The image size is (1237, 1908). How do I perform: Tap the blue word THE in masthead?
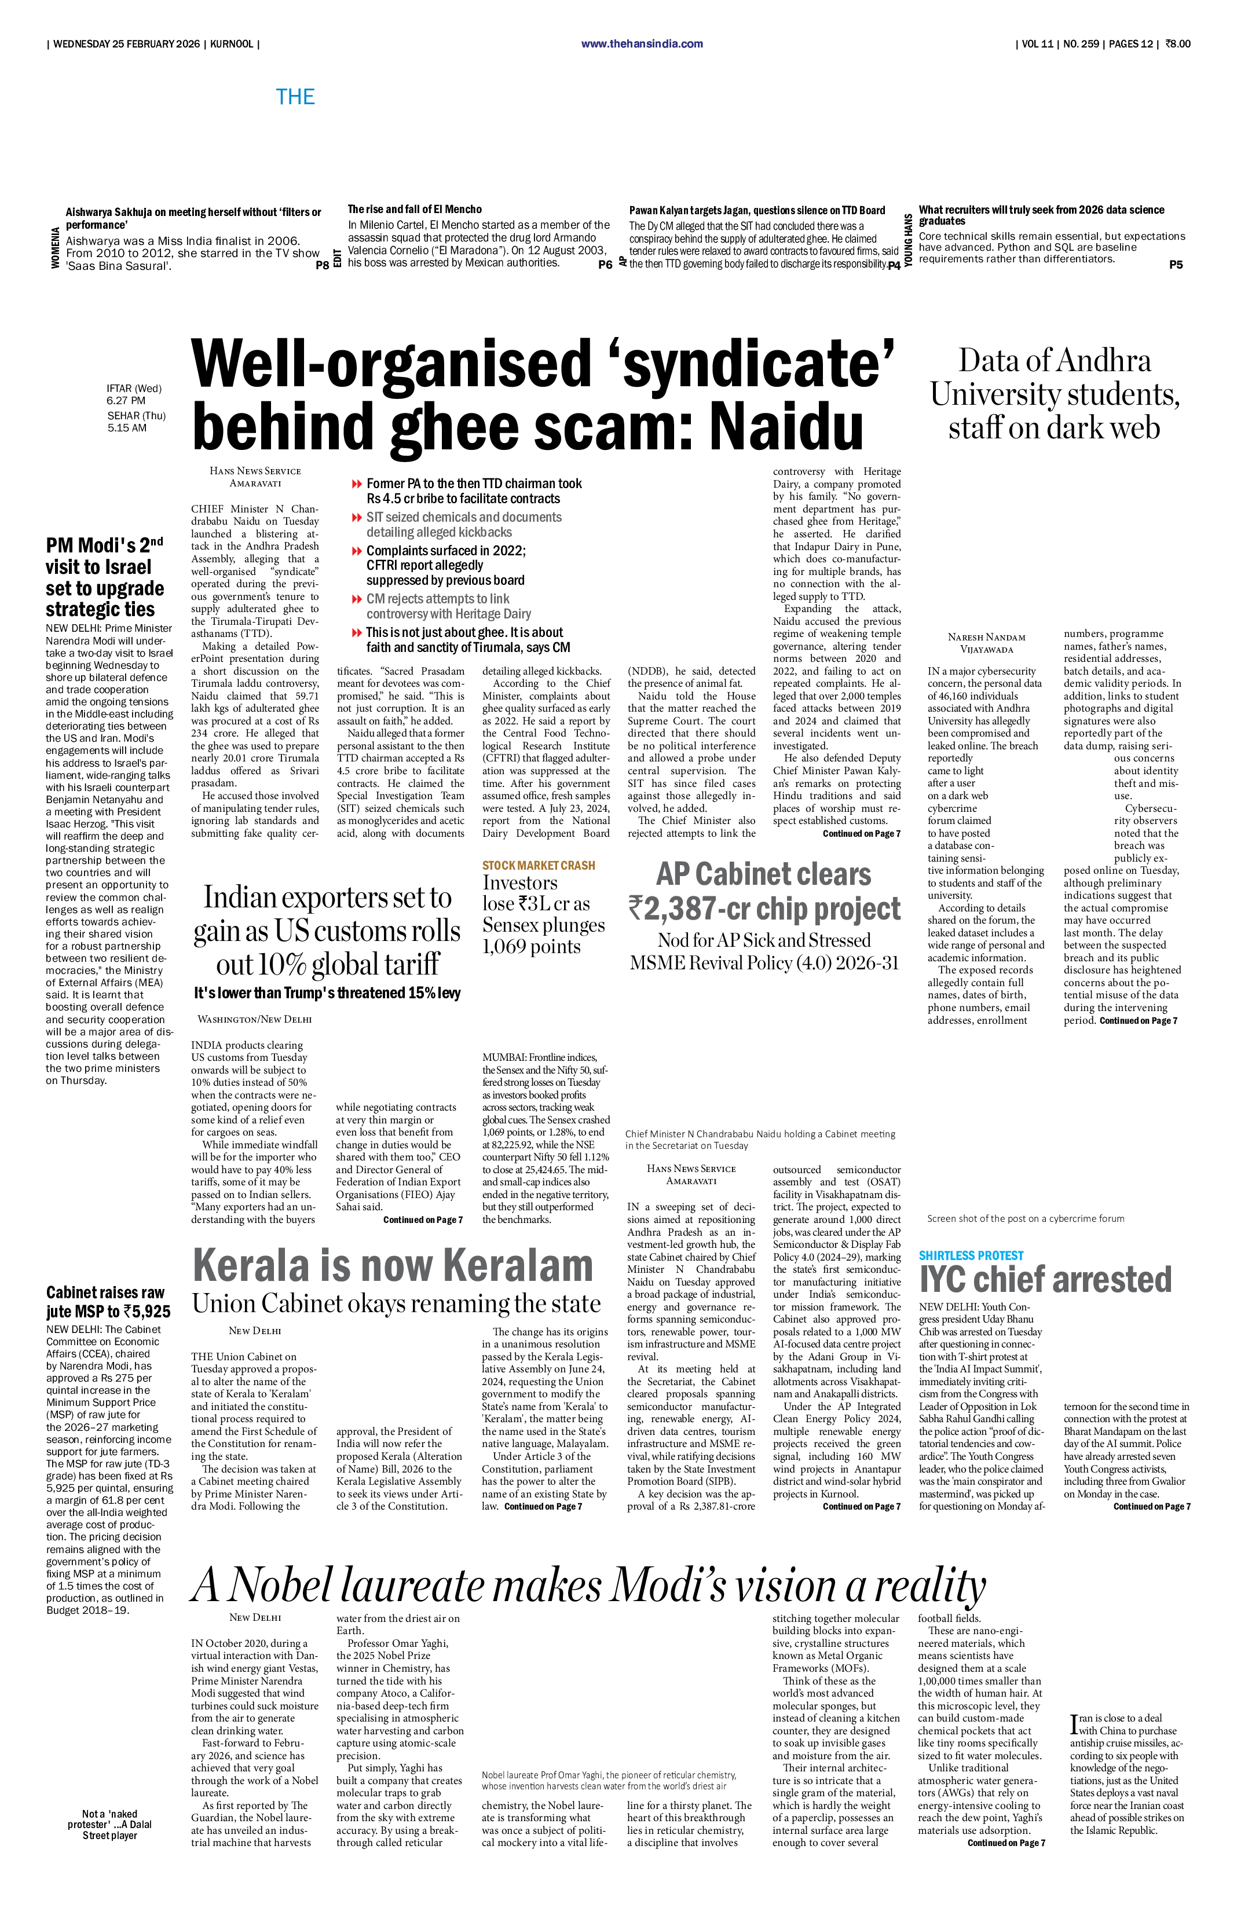[295, 97]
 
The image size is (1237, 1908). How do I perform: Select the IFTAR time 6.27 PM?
[126, 401]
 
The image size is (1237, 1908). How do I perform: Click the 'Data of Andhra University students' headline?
[1054, 394]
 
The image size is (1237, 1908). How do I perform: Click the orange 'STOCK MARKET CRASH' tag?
[538, 866]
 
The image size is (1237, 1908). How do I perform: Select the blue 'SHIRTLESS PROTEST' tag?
[971, 1256]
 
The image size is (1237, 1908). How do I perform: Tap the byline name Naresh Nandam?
[986, 638]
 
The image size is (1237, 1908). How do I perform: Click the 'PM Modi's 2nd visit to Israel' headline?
[104, 577]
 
